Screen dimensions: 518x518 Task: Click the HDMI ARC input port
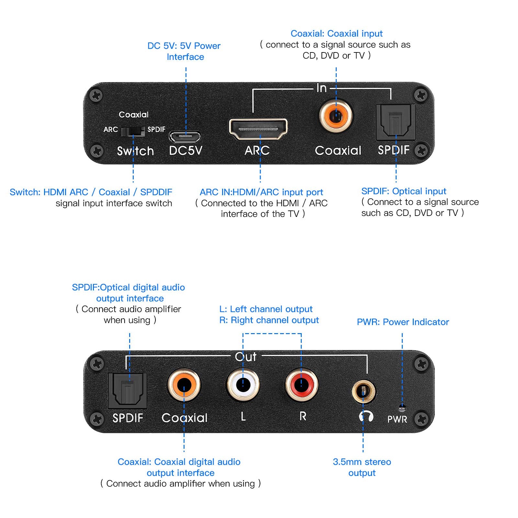click(258, 129)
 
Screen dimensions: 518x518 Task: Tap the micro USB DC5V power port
click(185, 137)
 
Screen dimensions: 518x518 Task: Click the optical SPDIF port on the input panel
click(396, 122)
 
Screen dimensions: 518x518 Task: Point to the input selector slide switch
click(133, 131)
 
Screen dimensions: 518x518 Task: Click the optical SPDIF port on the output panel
click(128, 390)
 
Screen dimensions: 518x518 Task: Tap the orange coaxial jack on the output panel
click(184, 385)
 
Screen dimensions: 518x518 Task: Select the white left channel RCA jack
click(243, 385)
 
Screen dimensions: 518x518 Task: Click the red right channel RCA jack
click(301, 385)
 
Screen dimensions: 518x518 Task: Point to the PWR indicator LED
click(402, 407)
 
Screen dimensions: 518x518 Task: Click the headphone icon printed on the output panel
click(366, 416)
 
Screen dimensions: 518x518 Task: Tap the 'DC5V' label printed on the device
click(186, 151)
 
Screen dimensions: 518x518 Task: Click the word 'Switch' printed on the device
click(135, 151)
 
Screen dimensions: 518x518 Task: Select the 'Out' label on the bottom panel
click(246, 357)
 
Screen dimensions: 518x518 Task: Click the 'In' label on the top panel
click(321, 88)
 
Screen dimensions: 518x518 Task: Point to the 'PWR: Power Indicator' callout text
click(403, 322)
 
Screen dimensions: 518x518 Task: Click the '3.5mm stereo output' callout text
click(362, 467)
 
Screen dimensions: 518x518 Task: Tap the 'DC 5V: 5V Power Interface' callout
click(184, 51)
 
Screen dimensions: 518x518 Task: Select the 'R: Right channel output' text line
click(269, 320)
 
